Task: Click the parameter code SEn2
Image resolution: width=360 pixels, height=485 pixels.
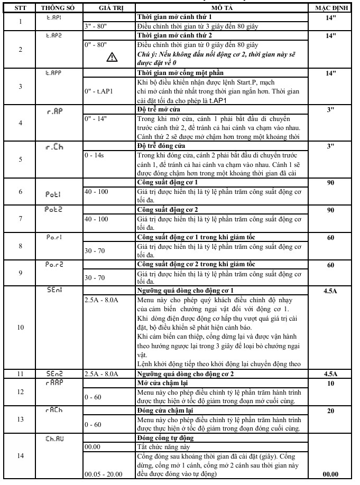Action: tap(54, 374)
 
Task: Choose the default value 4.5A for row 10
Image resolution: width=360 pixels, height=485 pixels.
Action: tap(331, 291)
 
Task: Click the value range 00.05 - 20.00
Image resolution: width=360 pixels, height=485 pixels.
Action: tap(104, 474)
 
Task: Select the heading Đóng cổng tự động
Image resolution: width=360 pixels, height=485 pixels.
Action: tap(165, 437)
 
